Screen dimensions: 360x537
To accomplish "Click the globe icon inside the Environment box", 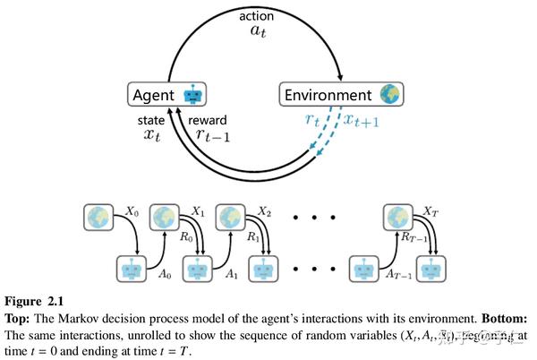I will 388,94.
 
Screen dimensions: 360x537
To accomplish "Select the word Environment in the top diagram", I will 327,94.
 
